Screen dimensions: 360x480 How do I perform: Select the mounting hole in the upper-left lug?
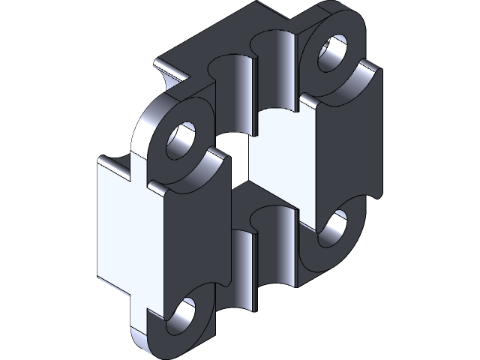182,139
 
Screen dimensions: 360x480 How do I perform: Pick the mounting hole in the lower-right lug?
333,228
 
